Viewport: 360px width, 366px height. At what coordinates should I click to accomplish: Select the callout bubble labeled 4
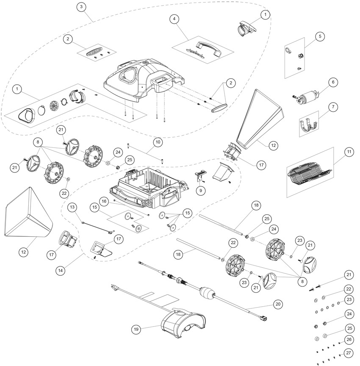[173, 19]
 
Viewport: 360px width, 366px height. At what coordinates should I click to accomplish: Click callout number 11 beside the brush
[349, 152]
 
